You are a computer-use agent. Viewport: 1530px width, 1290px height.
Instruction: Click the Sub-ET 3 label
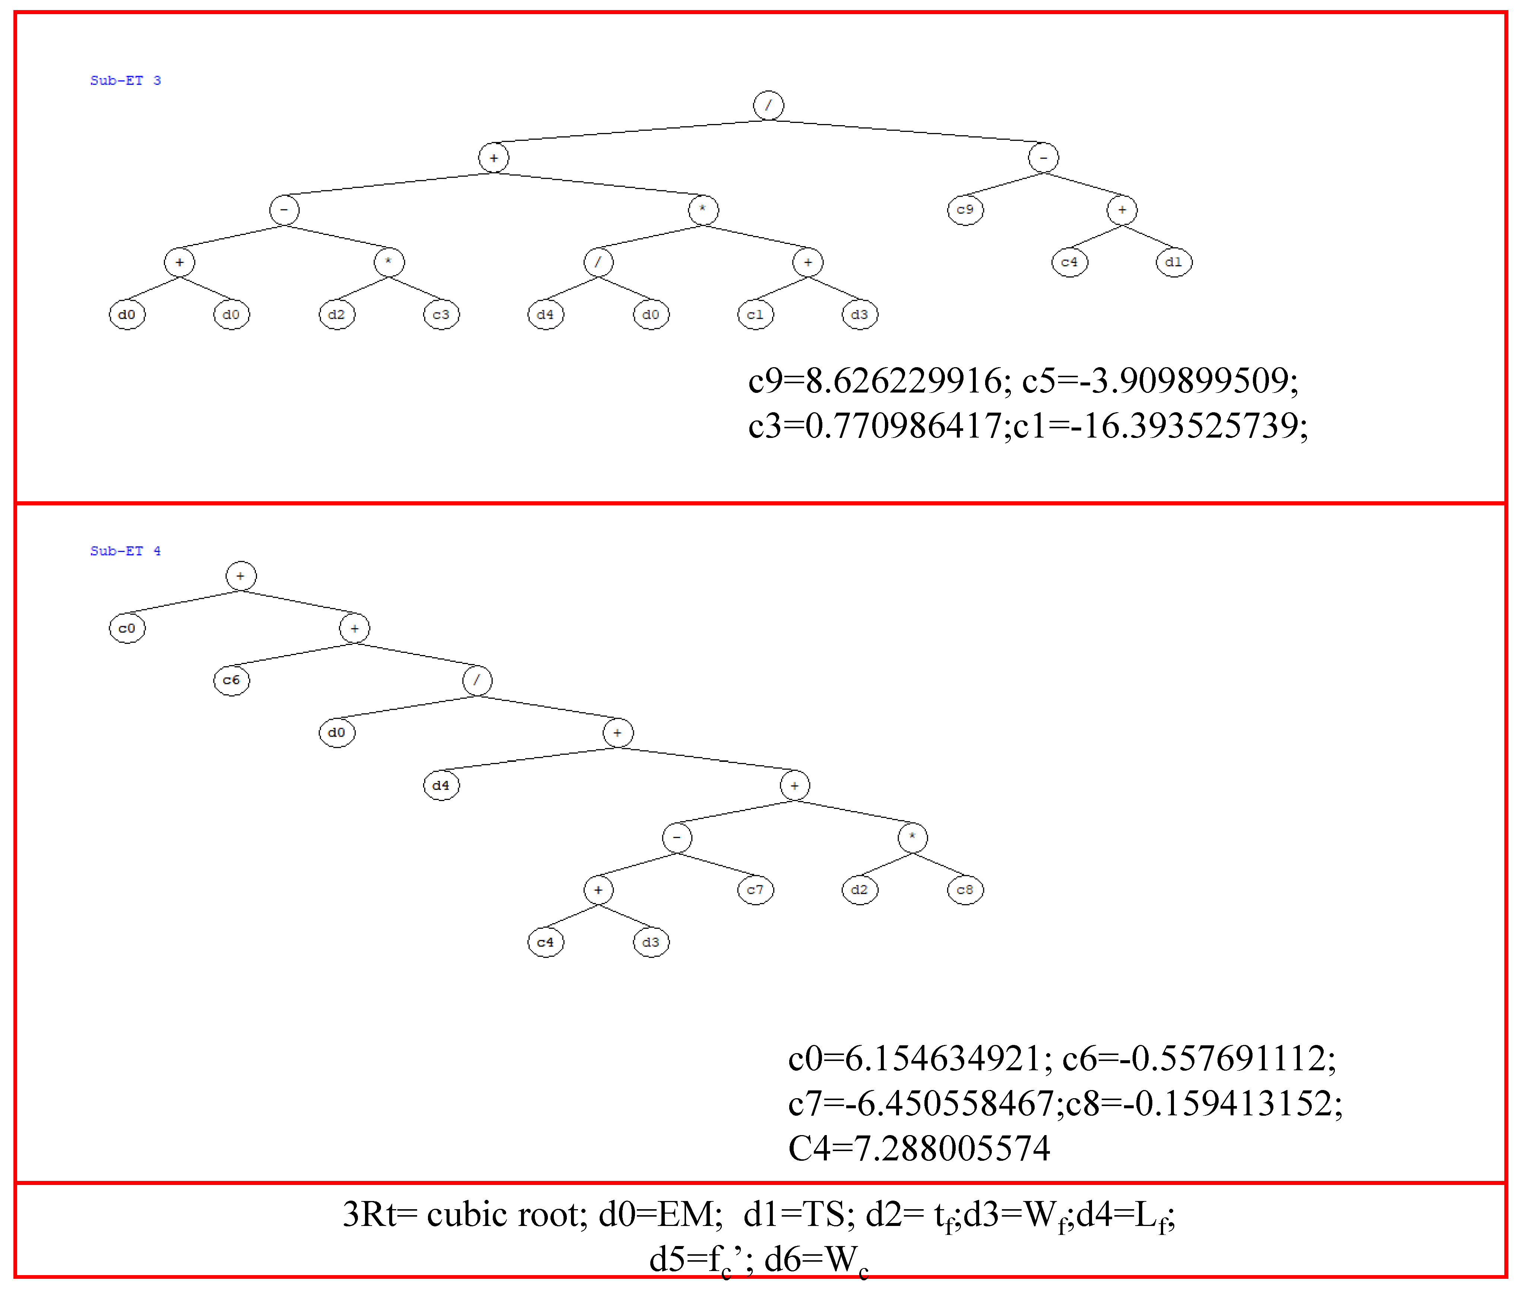coord(125,80)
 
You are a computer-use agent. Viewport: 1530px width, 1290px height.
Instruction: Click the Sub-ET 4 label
coord(125,551)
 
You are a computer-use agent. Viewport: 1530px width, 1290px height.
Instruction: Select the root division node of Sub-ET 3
coord(768,105)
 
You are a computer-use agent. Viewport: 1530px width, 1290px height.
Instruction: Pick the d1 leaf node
coord(1173,262)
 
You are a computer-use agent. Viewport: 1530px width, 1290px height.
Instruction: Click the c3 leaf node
coord(441,314)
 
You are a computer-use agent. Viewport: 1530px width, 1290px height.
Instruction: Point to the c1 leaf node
coord(755,314)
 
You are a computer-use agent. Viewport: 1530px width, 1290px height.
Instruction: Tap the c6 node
coord(231,680)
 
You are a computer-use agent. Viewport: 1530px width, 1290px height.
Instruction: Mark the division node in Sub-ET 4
coord(477,680)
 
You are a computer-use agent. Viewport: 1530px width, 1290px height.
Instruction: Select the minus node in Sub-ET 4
coord(676,837)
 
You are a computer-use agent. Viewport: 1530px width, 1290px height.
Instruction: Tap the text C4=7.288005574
coord(918,1148)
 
